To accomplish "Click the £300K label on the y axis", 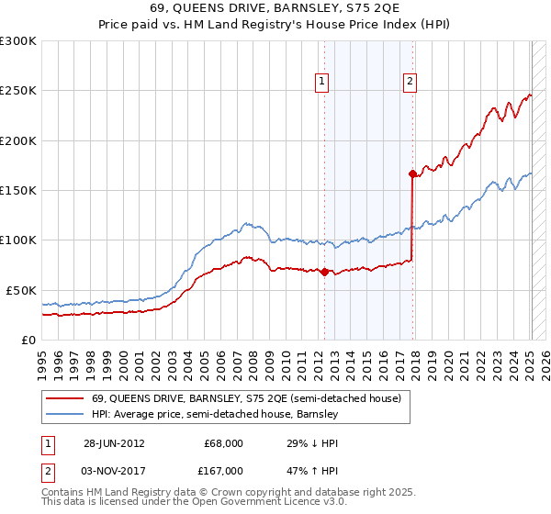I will point(18,41).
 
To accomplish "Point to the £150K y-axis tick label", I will point(18,190).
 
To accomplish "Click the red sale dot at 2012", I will point(324,272).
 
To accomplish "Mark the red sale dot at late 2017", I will point(412,173).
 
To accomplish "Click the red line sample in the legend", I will point(63,399).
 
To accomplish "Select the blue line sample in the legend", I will point(63,415).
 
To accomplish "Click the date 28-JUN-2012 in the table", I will point(114,442).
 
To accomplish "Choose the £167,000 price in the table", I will point(223,470).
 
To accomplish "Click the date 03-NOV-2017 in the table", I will point(115,470).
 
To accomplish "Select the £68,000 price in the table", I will point(223,442).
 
